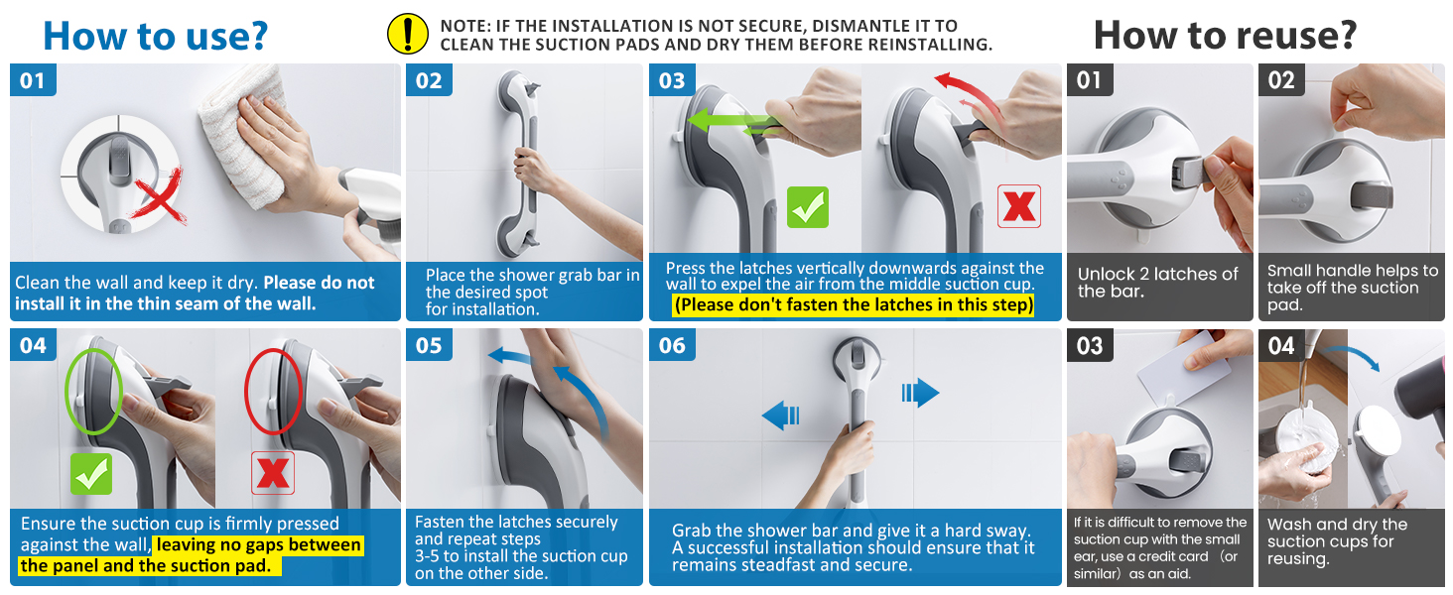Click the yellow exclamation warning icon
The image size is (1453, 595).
407,35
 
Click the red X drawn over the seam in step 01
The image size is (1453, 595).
159,195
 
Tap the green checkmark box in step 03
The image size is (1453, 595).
808,207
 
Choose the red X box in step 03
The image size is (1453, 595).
1019,206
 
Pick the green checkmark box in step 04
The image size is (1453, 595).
91,474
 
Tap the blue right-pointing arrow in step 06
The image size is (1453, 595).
920,392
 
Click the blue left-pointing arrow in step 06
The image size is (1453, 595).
780,415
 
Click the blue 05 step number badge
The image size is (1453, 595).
429,345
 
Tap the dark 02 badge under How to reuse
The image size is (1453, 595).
1281,79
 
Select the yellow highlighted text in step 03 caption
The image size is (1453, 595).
853,304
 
